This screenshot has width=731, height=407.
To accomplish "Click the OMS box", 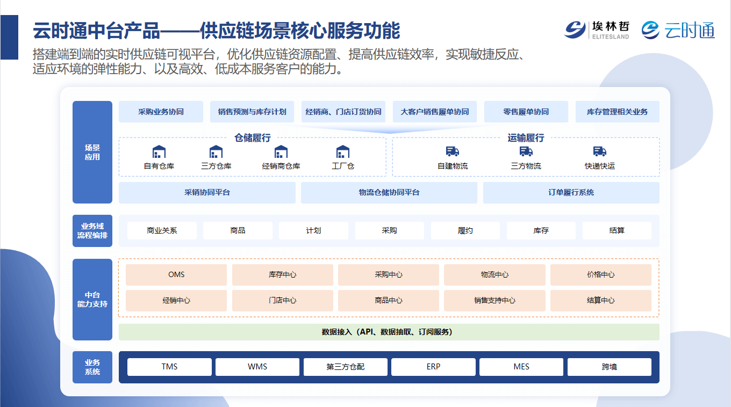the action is point(176,274).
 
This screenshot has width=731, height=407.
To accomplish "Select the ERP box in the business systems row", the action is point(433,367).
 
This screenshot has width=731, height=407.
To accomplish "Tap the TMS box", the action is point(169,367).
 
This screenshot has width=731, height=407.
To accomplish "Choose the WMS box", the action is point(257,367).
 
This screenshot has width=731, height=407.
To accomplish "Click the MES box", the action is point(521,367).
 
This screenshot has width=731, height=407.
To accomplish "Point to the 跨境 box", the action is point(610,367).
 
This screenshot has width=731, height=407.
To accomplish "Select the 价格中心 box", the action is point(601,274).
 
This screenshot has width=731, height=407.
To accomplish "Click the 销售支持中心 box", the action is point(494,300).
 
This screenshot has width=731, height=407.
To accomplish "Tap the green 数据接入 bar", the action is point(389,332).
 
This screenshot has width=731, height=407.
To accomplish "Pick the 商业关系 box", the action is point(162,230).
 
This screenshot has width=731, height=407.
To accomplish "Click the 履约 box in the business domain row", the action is point(465,230).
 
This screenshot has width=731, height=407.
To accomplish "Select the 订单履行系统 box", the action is point(571,192).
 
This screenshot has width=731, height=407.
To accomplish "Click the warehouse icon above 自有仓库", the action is point(159,151).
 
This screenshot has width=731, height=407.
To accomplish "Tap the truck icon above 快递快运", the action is point(599,151).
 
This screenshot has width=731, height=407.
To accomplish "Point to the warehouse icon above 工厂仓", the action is point(343,151).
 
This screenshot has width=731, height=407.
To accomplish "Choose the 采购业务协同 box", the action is point(161,112).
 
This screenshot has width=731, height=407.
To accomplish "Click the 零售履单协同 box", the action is point(526,112).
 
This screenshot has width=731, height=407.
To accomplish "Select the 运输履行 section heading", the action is point(526,138).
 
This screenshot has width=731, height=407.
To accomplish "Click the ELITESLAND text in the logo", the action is point(611,37).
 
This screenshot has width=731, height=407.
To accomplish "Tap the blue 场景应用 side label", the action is point(92,152).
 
